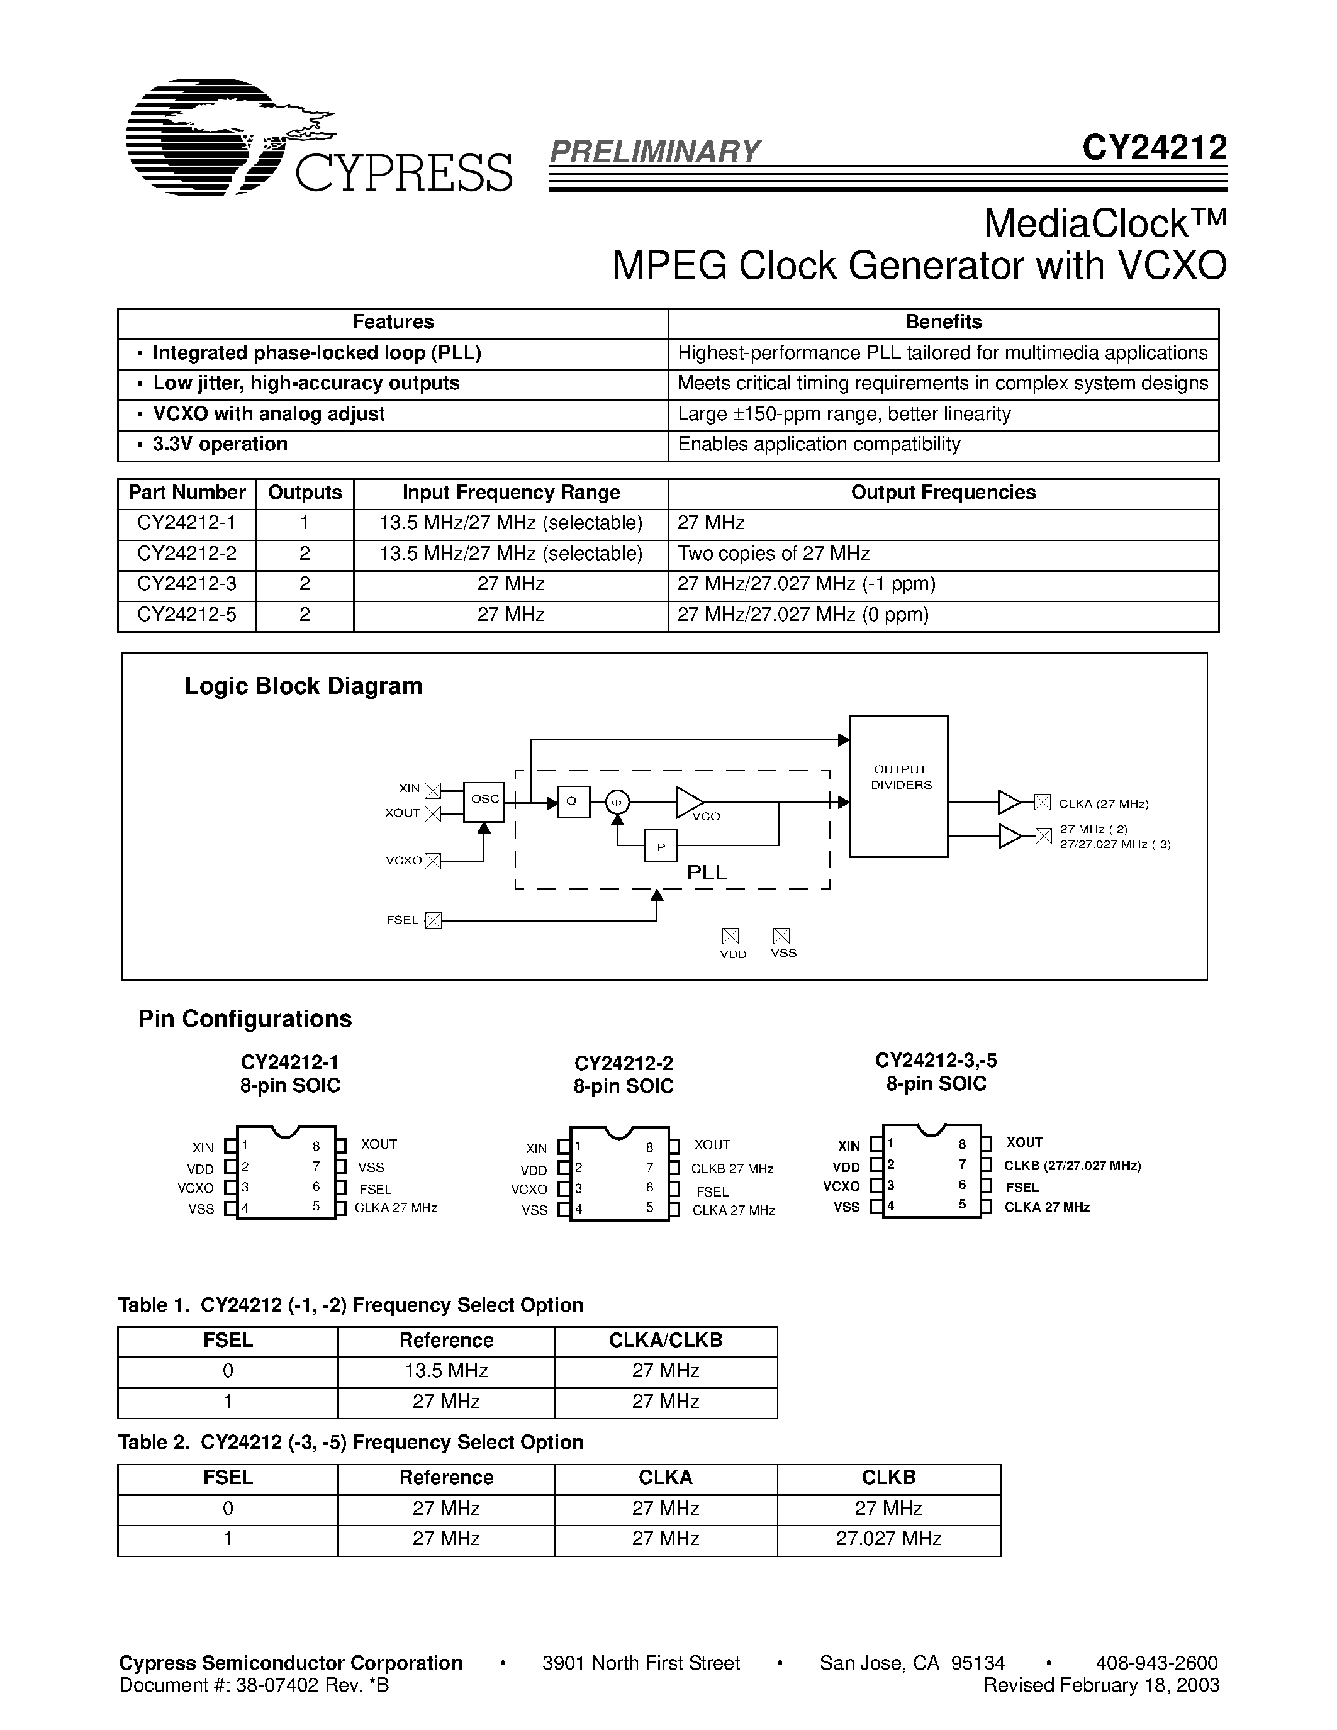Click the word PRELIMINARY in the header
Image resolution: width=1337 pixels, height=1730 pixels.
click(654, 151)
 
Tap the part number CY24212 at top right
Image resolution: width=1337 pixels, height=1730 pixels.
click(1154, 148)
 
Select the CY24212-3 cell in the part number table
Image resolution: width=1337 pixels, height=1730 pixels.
click(187, 584)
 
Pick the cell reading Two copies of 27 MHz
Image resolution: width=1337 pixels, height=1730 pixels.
click(774, 554)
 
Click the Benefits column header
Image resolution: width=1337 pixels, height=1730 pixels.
click(943, 322)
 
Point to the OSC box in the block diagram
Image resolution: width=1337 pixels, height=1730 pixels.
click(484, 799)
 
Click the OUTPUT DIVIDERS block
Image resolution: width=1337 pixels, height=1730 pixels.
click(899, 786)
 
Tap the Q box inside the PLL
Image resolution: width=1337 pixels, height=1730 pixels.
click(573, 801)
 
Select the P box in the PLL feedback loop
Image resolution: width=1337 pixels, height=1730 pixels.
click(661, 846)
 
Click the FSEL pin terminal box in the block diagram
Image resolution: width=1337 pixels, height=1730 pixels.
click(432, 920)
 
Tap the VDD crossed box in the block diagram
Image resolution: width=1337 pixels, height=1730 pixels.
click(730, 935)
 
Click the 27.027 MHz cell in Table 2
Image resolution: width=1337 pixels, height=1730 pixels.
click(888, 1538)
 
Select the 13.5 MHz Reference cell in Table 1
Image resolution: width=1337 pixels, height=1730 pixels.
click(446, 1370)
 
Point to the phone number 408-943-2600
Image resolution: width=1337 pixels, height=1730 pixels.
click(1156, 1663)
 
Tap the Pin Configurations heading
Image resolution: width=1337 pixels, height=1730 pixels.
click(245, 1018)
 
